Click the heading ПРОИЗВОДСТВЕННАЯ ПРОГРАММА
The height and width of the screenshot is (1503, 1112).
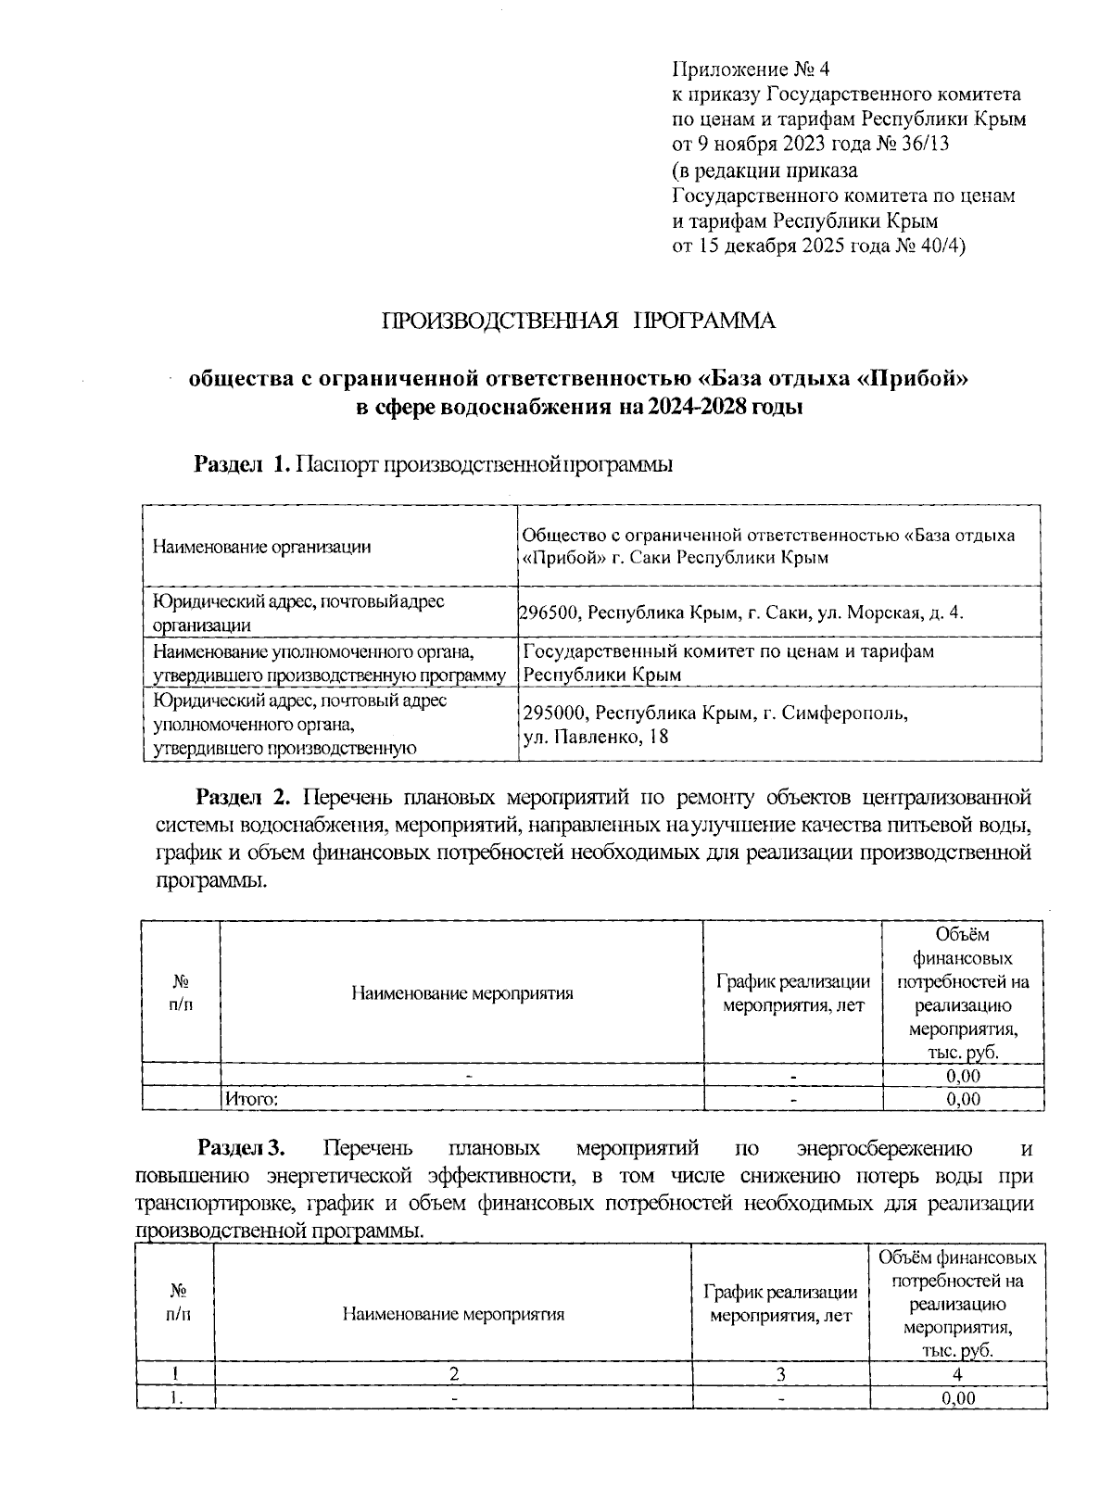(579, 322)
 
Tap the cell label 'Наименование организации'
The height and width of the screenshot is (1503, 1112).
(261, 547)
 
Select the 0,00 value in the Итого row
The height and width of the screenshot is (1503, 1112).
(963, 1100)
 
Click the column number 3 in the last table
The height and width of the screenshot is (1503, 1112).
(780, 1375)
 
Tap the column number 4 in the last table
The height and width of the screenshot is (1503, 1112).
(957, 1375)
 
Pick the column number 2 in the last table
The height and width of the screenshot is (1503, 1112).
(453, 1375)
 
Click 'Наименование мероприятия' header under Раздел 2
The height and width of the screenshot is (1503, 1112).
(461, 993)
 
